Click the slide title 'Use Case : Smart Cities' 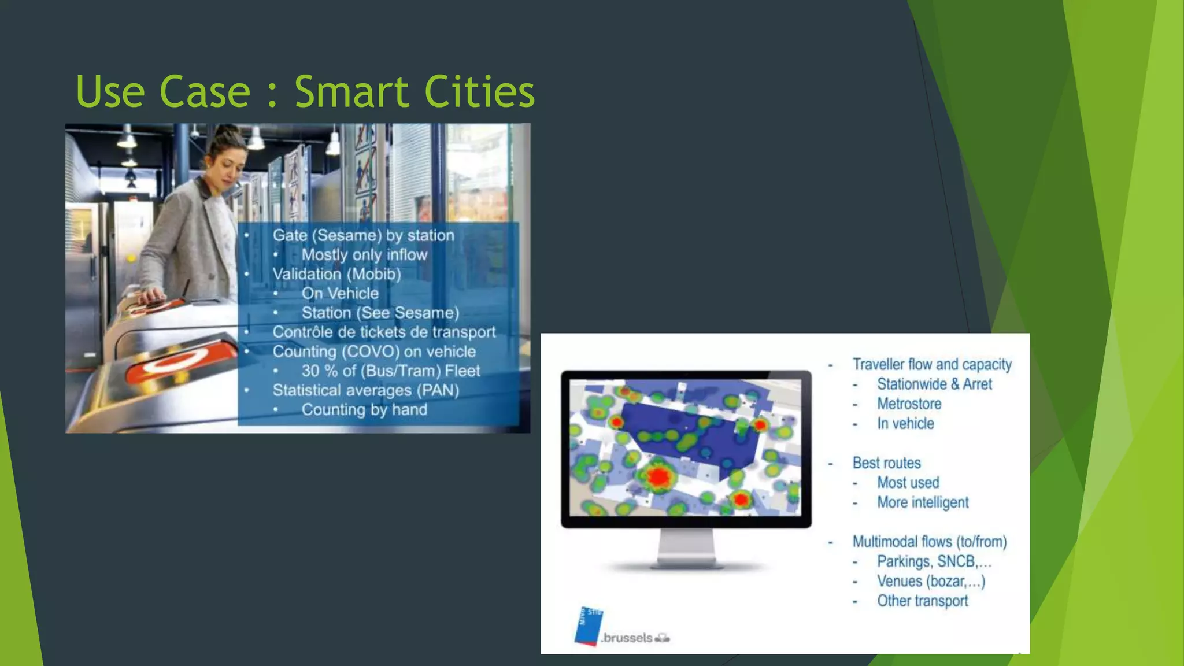pos(305,91)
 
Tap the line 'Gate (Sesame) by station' pos(363,235)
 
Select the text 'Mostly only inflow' pos(364,255)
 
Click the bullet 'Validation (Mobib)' pos(336,274)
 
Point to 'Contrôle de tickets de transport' pos(384,332)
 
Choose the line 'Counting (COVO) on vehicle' pos(374,351)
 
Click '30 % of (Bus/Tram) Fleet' pos(390,371)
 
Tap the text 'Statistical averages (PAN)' pos(365,390)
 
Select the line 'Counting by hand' pos(364,410)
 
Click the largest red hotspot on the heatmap pos(658,478)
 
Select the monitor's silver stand pos(686,549)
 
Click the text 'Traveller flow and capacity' pos(932,364)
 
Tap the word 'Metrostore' pos(909,404)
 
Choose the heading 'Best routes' pos(886,462)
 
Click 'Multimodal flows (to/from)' pos(929,542)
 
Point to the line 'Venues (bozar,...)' pos(931,581)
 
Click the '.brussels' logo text pos(627,638)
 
